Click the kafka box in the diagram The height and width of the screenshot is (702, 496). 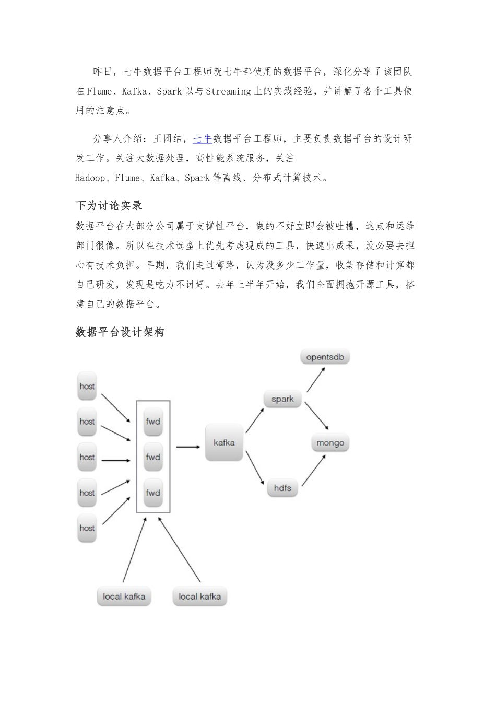click(224, 442)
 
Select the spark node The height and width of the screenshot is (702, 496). click(282, 399)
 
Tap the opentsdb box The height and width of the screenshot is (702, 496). click(325, 357)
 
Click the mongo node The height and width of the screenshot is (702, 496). click(330, 443)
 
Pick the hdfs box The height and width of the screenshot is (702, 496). click(282, 488)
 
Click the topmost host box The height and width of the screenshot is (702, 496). click(87, 387)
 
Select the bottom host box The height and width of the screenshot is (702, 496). click(87, 528)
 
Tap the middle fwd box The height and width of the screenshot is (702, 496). click(153, 458)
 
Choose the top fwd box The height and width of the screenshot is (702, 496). click(153, 422)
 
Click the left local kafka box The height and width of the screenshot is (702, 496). click(124, 596)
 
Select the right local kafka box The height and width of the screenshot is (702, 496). click(199, 596)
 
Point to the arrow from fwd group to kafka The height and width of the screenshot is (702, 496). click(188, 447)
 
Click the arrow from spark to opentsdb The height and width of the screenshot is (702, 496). click(316, 379)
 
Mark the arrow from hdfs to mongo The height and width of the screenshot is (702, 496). click(313, 471)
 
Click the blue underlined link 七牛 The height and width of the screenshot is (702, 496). click(203, 138)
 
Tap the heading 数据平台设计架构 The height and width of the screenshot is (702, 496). click(120, 332)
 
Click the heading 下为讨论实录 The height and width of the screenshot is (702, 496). click(109, 206)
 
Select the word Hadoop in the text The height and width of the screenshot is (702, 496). click(90, 178)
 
